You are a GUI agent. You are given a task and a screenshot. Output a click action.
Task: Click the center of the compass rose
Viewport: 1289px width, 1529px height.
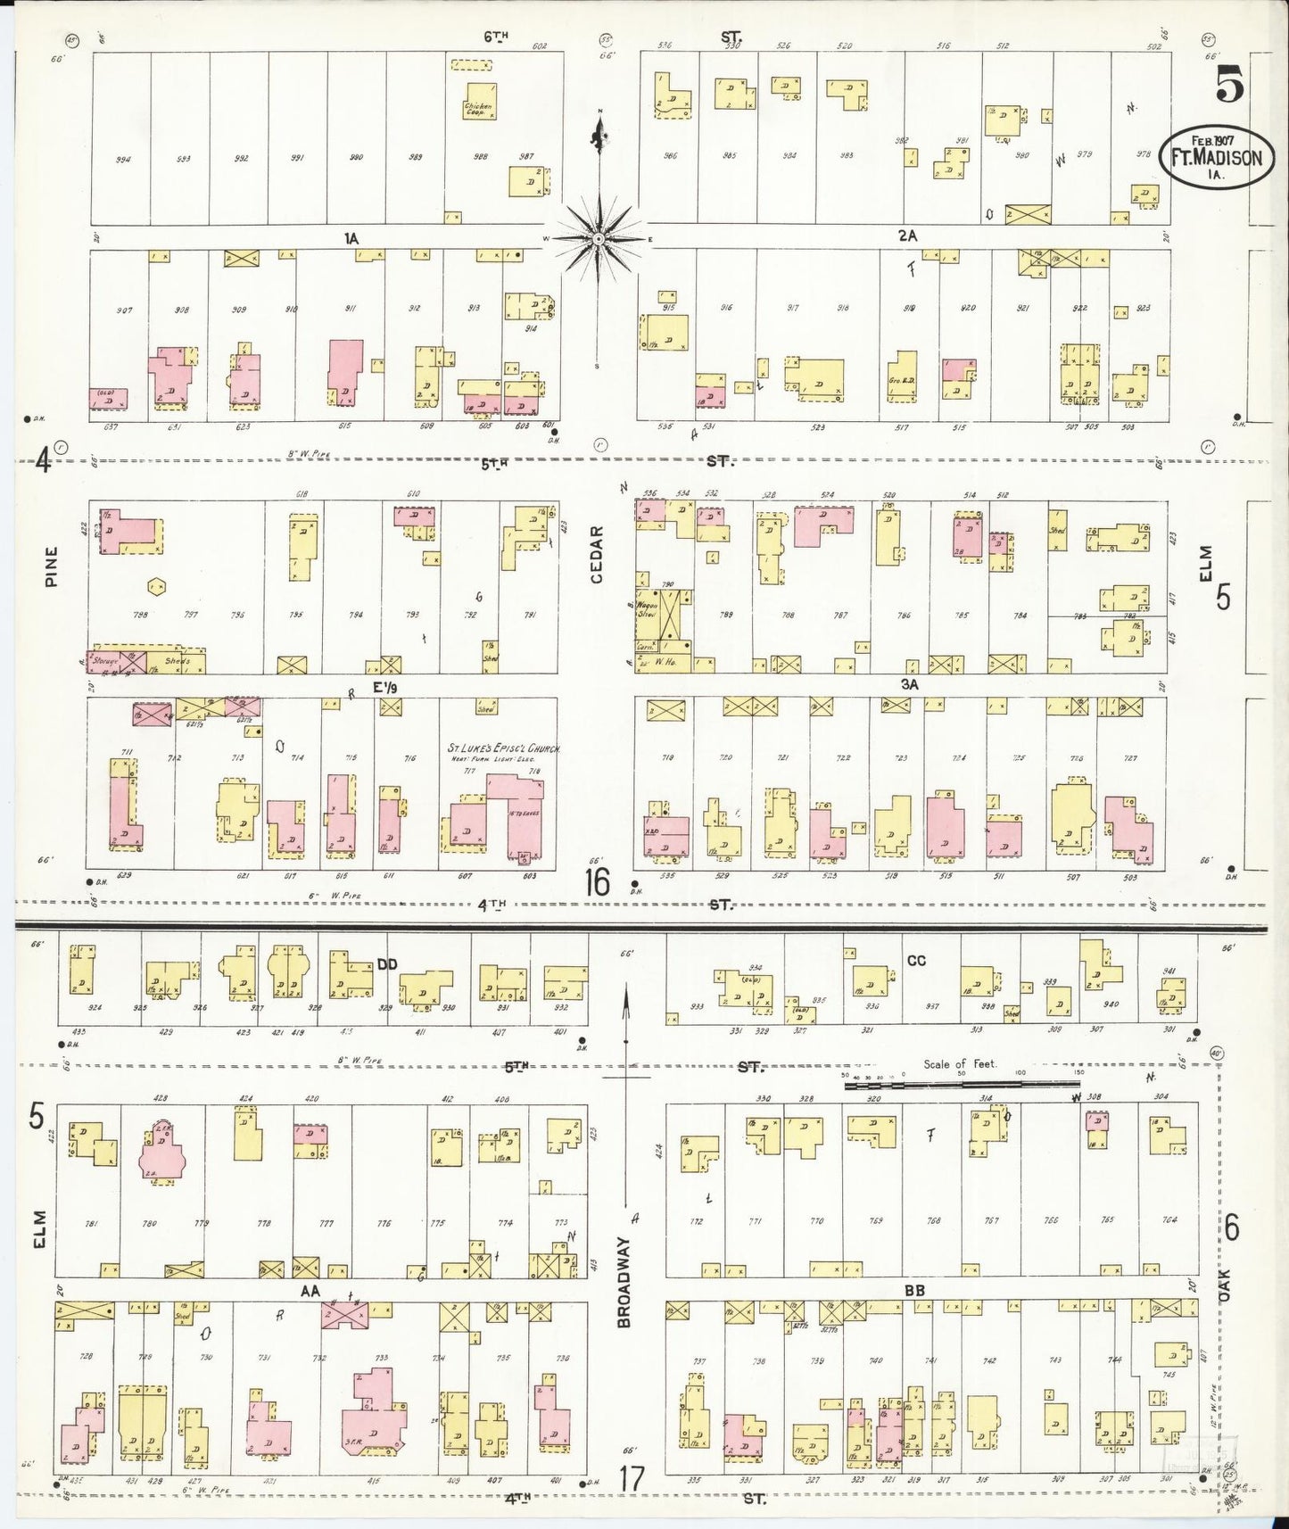599,239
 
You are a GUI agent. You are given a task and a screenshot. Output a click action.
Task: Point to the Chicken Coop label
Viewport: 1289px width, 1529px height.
477,110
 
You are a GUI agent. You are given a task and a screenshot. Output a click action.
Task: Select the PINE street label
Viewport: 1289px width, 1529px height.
52,566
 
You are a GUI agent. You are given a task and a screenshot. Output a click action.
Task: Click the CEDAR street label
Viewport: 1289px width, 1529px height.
597,555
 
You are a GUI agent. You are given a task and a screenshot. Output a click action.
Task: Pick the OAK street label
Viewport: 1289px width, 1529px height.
1225,1285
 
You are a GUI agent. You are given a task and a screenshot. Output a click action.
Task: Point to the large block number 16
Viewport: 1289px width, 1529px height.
598,883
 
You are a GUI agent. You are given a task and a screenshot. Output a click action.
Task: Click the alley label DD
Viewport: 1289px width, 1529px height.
386,964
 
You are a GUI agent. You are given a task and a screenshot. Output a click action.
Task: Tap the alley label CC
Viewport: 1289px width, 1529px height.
916,961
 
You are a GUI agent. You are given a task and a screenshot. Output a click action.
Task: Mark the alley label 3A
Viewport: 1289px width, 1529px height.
909,685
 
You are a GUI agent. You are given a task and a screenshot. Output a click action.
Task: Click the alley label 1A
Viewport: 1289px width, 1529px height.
351,238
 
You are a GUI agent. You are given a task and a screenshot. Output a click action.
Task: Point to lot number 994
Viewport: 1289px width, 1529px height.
123,161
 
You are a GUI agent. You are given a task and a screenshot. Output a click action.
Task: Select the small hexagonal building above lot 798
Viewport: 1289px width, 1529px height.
157,586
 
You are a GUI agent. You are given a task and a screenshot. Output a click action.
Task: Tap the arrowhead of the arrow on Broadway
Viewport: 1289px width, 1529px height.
626,991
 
